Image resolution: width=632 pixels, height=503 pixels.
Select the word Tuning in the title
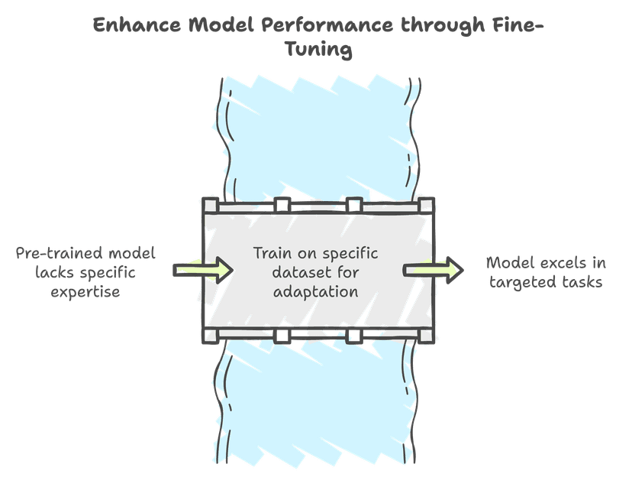tap(316, 50)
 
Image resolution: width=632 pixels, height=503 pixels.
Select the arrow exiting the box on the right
tap(434, 270)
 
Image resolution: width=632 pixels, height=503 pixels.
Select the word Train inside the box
tap(271, 253)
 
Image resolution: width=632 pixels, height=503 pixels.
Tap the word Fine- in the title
tap(516, 24)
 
